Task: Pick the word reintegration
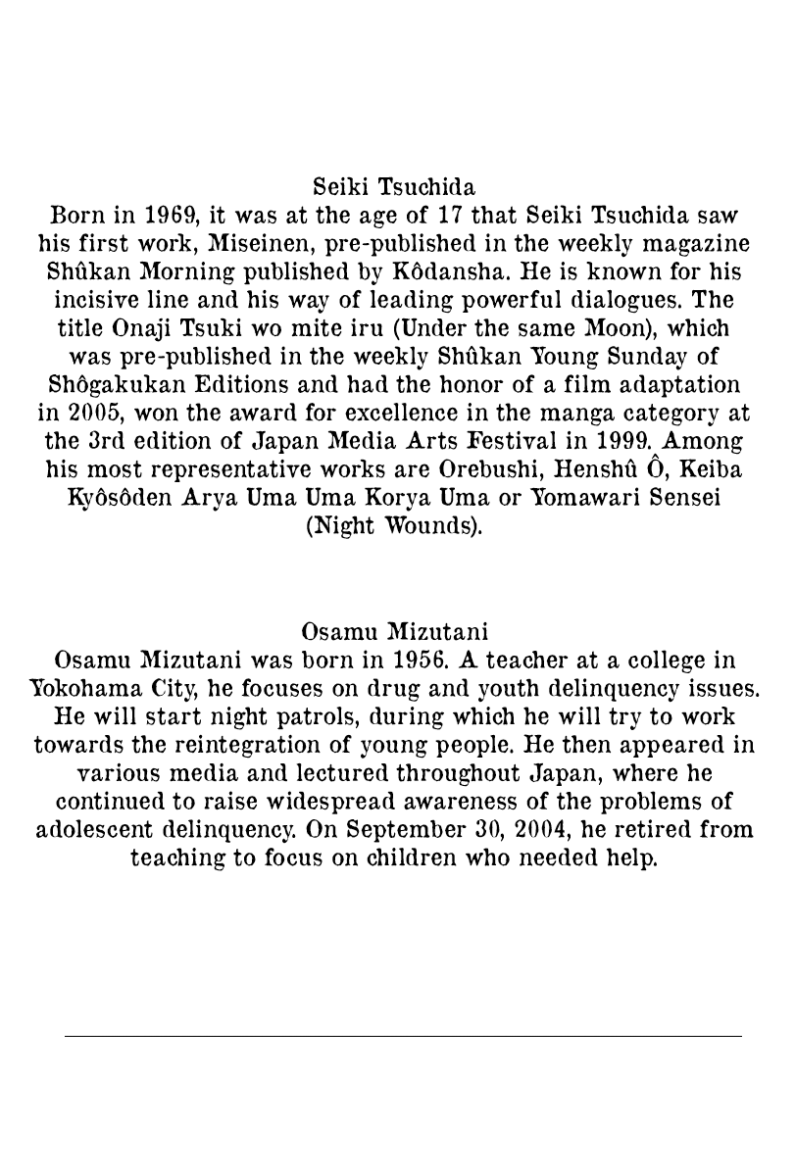coord(224,745)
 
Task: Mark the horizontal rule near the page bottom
coord(403,1036)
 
